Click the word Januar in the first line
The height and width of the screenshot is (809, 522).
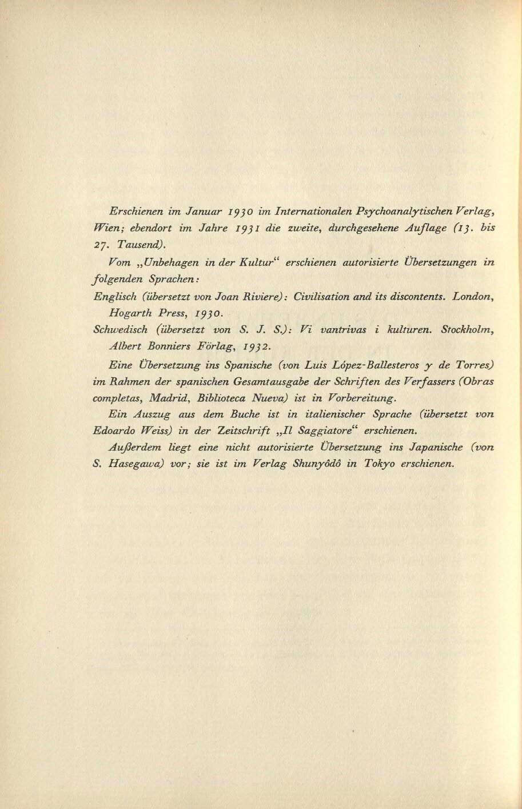pos(200,212)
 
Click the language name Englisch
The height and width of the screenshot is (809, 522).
pos(113,297)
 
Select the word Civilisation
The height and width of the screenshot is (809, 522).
pos(322,297)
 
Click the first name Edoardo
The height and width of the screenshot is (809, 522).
pos(115,431)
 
